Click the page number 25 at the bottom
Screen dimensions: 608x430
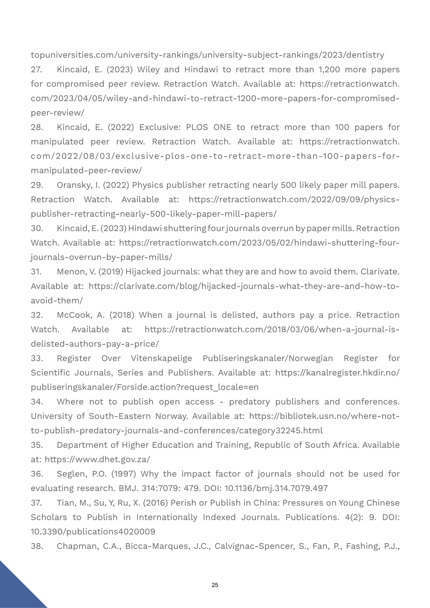point(215,585)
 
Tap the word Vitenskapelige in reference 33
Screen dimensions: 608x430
point(161,358)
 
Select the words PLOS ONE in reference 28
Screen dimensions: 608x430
point(209,127)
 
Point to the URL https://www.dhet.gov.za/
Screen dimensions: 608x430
point(97,459)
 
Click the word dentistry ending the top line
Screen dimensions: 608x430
point(365,55)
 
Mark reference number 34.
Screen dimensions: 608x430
point(37,402)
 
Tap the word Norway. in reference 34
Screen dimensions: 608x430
point(171,416)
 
